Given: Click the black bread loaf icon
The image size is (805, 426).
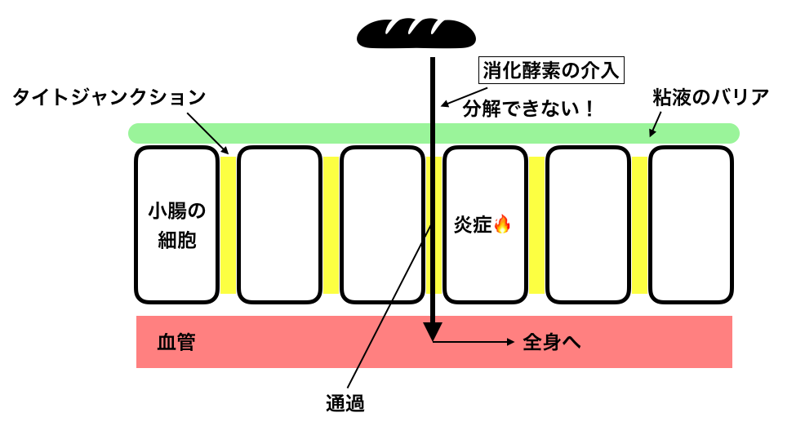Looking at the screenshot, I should pos(416,33).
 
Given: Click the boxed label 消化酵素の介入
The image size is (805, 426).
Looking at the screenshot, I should pos(551,71).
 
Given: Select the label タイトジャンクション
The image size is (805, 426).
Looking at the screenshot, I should pos(108,97).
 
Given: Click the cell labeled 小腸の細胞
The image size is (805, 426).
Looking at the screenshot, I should pos(176,224).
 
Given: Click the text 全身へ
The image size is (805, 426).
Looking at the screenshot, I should pos(551,343).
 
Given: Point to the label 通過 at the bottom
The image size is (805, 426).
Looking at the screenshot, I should pos(344,402).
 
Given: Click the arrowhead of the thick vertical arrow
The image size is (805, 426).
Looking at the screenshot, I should pos(433,331).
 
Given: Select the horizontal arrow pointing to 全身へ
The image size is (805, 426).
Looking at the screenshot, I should pos(474,342).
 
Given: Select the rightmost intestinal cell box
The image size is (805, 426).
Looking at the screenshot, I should pos(691,224).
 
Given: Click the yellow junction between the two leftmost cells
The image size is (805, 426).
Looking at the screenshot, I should pos(228,224).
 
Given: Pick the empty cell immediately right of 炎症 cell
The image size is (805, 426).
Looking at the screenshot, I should pos(588,224).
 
